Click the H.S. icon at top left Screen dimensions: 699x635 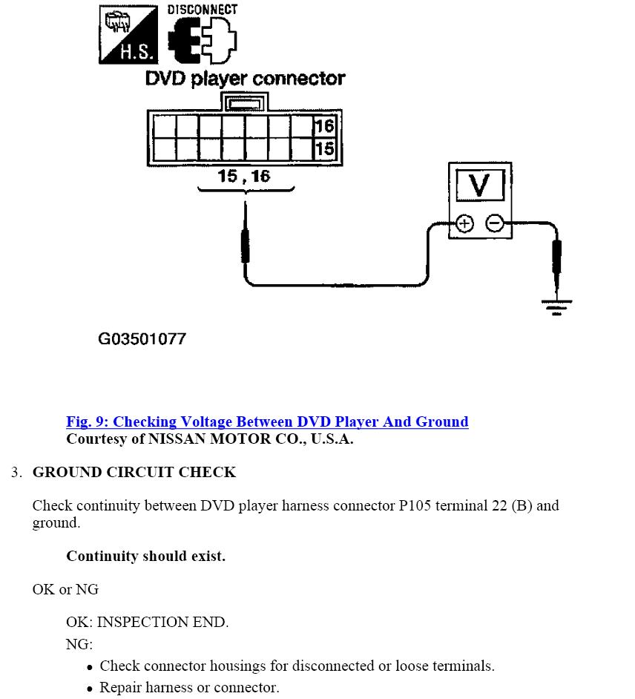(128, 34)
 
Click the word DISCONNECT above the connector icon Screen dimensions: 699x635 (202, 10)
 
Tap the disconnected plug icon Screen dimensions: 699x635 (203, 41)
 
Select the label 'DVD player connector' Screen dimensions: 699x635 (245, 79)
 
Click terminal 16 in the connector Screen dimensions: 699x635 (325, 125)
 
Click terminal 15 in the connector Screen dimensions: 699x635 (325, 148)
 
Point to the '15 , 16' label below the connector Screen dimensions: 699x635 (244, 177)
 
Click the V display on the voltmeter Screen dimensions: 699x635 (479, 185)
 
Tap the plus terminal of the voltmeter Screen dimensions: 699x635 (464, 223)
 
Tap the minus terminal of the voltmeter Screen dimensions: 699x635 (495, 223)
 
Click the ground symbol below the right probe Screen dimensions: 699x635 (556, 306)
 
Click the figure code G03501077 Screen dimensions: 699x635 (142, 339)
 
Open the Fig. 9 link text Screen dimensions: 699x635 (267, 421)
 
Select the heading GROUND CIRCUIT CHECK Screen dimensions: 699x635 (134, 473)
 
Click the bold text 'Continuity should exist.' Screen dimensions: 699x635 (145, 556)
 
